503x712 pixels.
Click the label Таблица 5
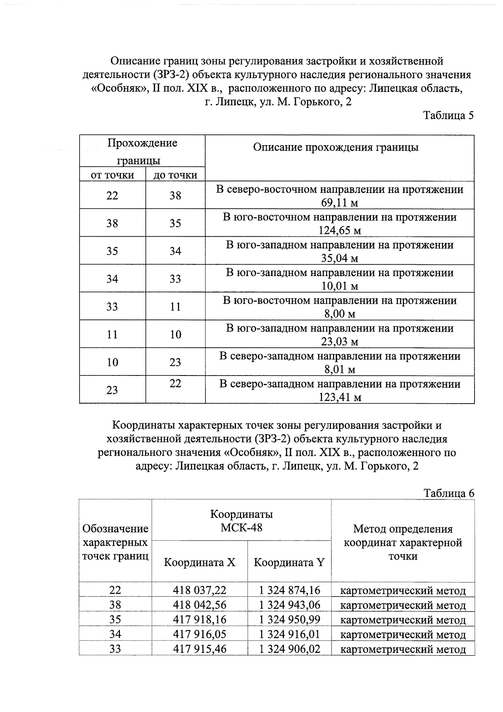pos(448,115)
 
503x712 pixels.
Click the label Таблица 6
pos(449,493)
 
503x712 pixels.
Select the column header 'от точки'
pos(112,175)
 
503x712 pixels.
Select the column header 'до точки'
pos(175,175)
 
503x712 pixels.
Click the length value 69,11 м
pos(340,203)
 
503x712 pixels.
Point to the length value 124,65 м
pos(340,231)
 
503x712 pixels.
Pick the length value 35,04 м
pos(340,258)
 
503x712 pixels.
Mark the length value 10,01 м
pos(340,286)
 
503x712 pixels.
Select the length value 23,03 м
pos(340,342)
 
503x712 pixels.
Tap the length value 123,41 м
pos(340,397)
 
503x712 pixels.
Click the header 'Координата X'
pos(200,562)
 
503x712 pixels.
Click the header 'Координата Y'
pos(289,562)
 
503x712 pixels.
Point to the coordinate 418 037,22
pos(200,590)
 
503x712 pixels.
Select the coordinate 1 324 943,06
pos(289,605)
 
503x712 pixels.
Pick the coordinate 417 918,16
pos(200,620)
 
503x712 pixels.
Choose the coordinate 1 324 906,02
pos(289,649)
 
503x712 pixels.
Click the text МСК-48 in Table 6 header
pos(241,527)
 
